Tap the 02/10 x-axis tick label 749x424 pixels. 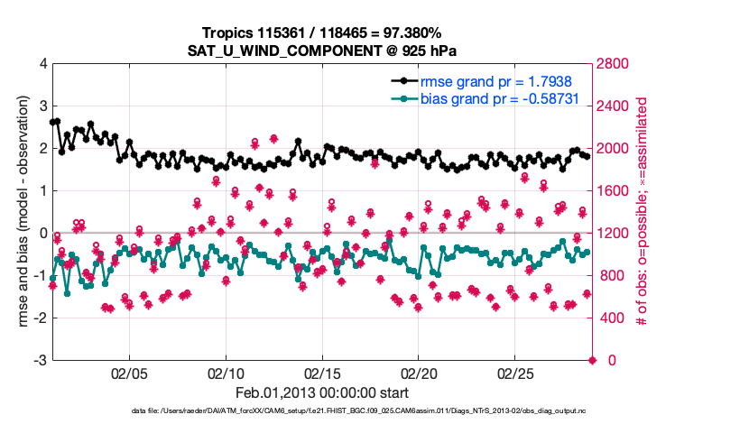pos(226,373)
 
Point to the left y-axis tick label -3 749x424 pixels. pos(40,360)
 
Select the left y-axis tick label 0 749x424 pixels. pos(43,233)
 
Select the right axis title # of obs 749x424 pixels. pos(643,212)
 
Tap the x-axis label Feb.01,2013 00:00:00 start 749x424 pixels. pos(322,393)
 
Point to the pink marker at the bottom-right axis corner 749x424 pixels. pos(593,360)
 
